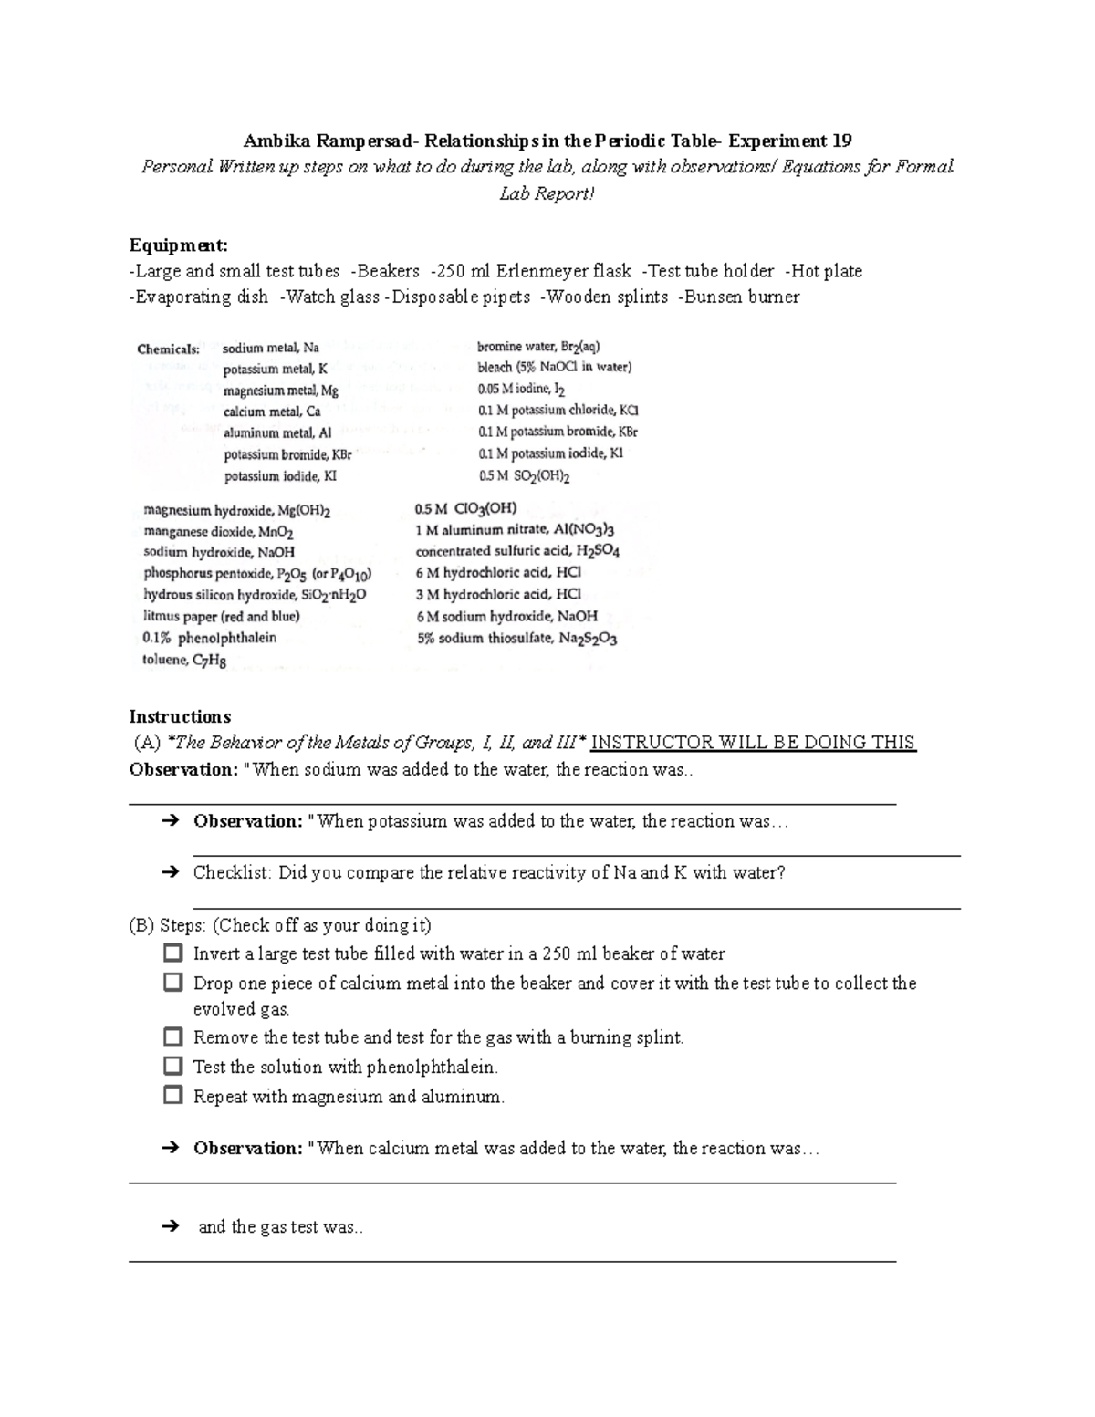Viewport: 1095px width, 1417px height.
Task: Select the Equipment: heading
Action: (x=179, y=245)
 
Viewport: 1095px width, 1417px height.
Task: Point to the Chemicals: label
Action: (x=168, y=349)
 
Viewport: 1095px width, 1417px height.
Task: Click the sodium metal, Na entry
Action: (x=271, y=348)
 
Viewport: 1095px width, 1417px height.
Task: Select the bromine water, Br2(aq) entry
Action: (x=538, y=347)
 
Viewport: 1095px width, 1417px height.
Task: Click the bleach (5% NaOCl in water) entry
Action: (x=554, y=368)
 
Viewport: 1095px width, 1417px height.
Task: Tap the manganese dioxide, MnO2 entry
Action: (x=218, y=532)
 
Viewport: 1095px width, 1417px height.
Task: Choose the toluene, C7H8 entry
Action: (x=184, y=660)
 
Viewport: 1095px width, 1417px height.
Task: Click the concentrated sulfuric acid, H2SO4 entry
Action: (x=517, y=551)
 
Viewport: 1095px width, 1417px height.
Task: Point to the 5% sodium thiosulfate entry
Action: (x=517, y=639)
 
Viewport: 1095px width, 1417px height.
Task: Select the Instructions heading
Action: (x=180, y=716)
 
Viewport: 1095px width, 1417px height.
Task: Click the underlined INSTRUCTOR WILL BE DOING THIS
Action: (x=753, y=742)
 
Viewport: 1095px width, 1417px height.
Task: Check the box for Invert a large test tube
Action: (x=173, y=953)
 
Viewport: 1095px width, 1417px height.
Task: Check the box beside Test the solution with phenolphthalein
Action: (x=173, y=1066)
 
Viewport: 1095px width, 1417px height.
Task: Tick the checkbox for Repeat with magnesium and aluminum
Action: (x=173, y=1095)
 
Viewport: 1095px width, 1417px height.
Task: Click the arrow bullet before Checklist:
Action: (x=170, y=872)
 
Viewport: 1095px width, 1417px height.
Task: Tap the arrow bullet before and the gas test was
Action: (x=170, y=1227)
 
